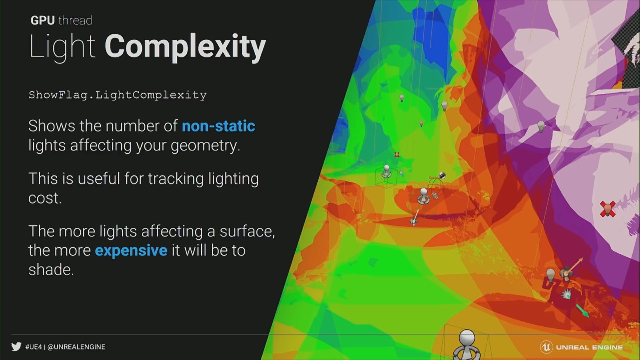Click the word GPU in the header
[x=42, y=21]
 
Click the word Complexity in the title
[x=185, y=47]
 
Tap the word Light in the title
[x=62, y=47]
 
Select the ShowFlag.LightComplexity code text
[x=117, y=95]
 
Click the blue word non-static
[x=218, y=126]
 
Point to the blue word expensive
[x=131, y=250]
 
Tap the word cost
[x=45, y=198]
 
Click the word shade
[x=51, y=269]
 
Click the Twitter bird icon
[x=16, y=347]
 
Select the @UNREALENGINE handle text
[x=76, y=347]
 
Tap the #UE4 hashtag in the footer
[x=34, y=347]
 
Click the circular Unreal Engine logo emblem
[x=546, y=347]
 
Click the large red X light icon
[x=608, y=209]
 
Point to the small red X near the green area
[x=397, y=155]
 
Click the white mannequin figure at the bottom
[x=467, y=345]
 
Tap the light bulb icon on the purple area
[x=541, y=127]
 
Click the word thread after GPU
[x=75, y=21]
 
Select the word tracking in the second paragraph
[x=176, y=179]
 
